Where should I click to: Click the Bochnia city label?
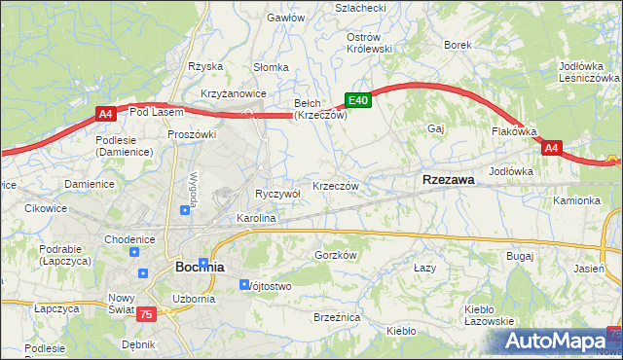pos(200,266)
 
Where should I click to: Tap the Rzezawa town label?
pos(448,180)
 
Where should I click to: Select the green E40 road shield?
pos(358,99)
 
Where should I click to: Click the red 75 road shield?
pos(145,313)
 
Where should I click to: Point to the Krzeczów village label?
pos(337,186)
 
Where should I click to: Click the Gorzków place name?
pos(337,255)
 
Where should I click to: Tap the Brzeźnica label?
pos(338,318)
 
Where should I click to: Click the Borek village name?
pos(458,45)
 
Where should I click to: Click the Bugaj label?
pos(520,255)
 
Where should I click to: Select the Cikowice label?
pos(46,207)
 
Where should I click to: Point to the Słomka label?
pos(271,67)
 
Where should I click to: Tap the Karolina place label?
pos(256,219)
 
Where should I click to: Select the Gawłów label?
pos(286,18)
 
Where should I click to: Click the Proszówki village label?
pos(190,133)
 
